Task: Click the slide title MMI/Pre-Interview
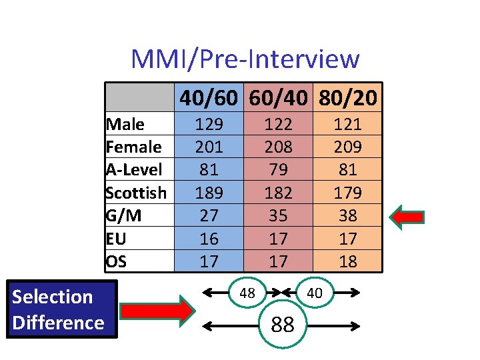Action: [245, 59]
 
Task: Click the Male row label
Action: [125, 124]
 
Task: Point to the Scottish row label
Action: [136, 193]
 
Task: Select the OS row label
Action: [116, 261]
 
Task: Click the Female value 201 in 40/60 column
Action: [209, 147]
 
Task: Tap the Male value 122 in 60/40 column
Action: [278, 124]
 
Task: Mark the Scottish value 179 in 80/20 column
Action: [347, 193]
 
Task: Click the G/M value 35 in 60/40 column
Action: [278, 215]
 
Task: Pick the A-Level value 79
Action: [278, 169]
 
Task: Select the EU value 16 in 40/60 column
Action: [209, 238]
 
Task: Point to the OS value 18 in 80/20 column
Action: [347, 261]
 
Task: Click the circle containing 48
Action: [247, 293]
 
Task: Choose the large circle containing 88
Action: [283, 325]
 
